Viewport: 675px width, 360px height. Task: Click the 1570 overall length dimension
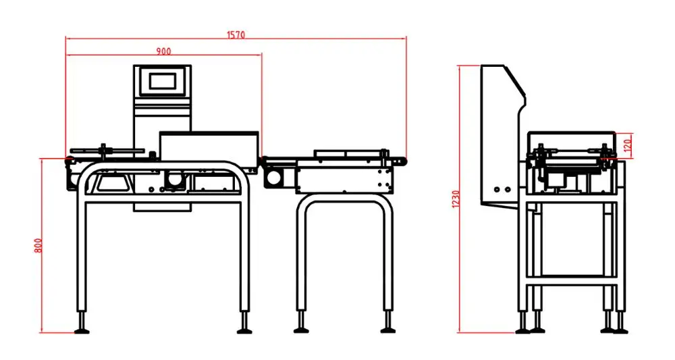click(x=235, y=34)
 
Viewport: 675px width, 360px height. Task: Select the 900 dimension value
click(x=163, y=51)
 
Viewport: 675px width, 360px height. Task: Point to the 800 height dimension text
click(x=38, y=246)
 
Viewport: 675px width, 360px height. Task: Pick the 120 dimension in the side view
click(x=627, y=144)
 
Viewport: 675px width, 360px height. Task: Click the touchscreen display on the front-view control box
click(x=162, y=81)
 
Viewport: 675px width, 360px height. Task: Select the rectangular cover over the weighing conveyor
click(x=209, y=145)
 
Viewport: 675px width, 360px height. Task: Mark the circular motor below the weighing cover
click(x=174, y=181)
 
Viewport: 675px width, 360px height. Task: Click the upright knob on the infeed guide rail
click(x=103, y=148)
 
